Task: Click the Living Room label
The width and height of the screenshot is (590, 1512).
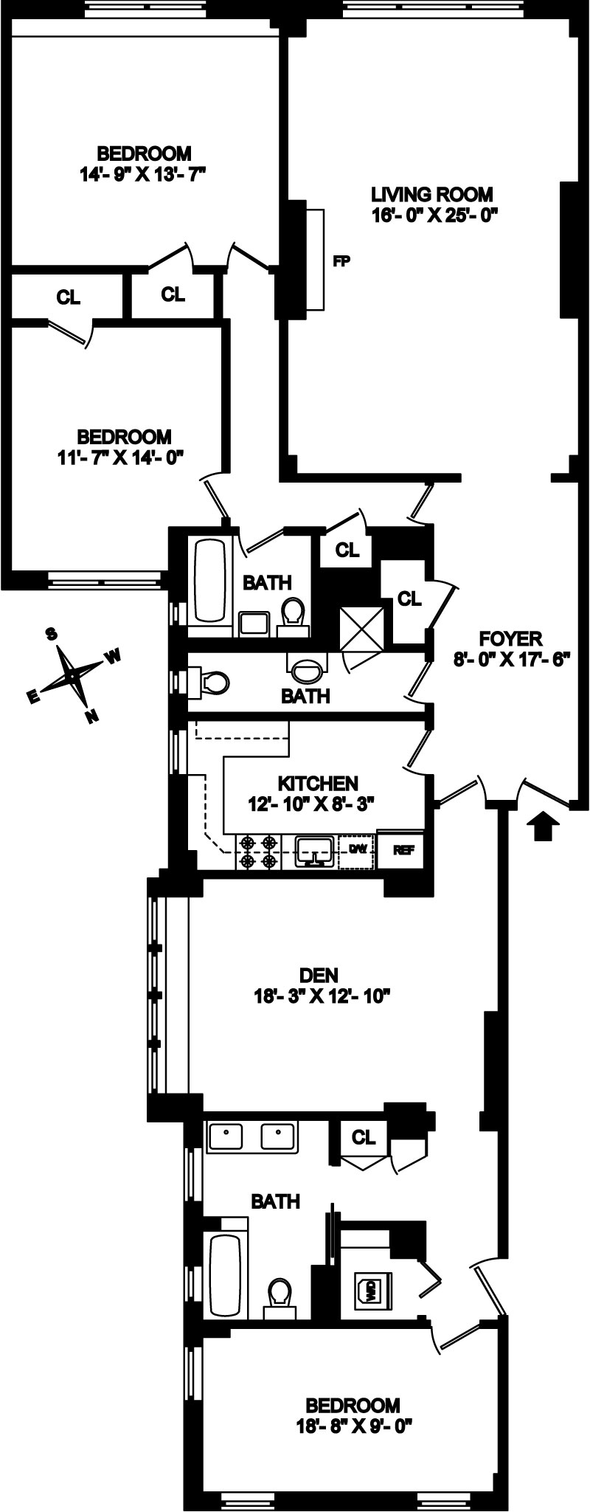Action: click(x=431, y=195)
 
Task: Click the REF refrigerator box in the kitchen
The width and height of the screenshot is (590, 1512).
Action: click(x=403, y=849)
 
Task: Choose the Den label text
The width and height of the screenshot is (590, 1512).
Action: click(x=319, y=976)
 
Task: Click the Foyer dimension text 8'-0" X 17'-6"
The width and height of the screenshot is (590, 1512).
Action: click(x=513, y=659)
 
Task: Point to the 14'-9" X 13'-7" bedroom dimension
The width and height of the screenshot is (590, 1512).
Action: click(x=144, y=174)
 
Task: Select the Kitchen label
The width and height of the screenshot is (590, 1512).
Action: click(x=318, y=783)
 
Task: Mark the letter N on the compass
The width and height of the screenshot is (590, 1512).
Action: click(x=91, y=715)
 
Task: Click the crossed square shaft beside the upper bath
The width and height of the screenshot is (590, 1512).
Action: click(x=361, y=629)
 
